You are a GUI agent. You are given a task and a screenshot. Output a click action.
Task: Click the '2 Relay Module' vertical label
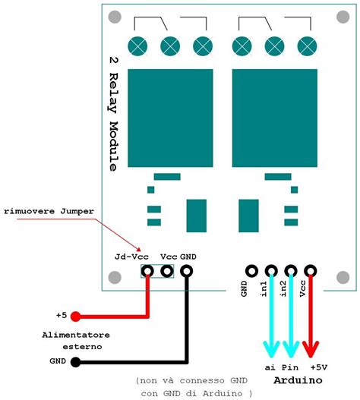coord(112,113)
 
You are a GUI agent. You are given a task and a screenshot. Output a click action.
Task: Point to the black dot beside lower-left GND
coord(74,361)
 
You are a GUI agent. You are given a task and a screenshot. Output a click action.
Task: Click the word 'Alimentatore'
coord(76,334)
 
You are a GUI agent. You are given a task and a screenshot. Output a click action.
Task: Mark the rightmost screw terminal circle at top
coord(305,46)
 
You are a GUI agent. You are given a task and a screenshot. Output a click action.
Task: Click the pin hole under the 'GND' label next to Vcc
coord(187,271)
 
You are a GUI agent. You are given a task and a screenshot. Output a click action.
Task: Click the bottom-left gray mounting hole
coord(115,279)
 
